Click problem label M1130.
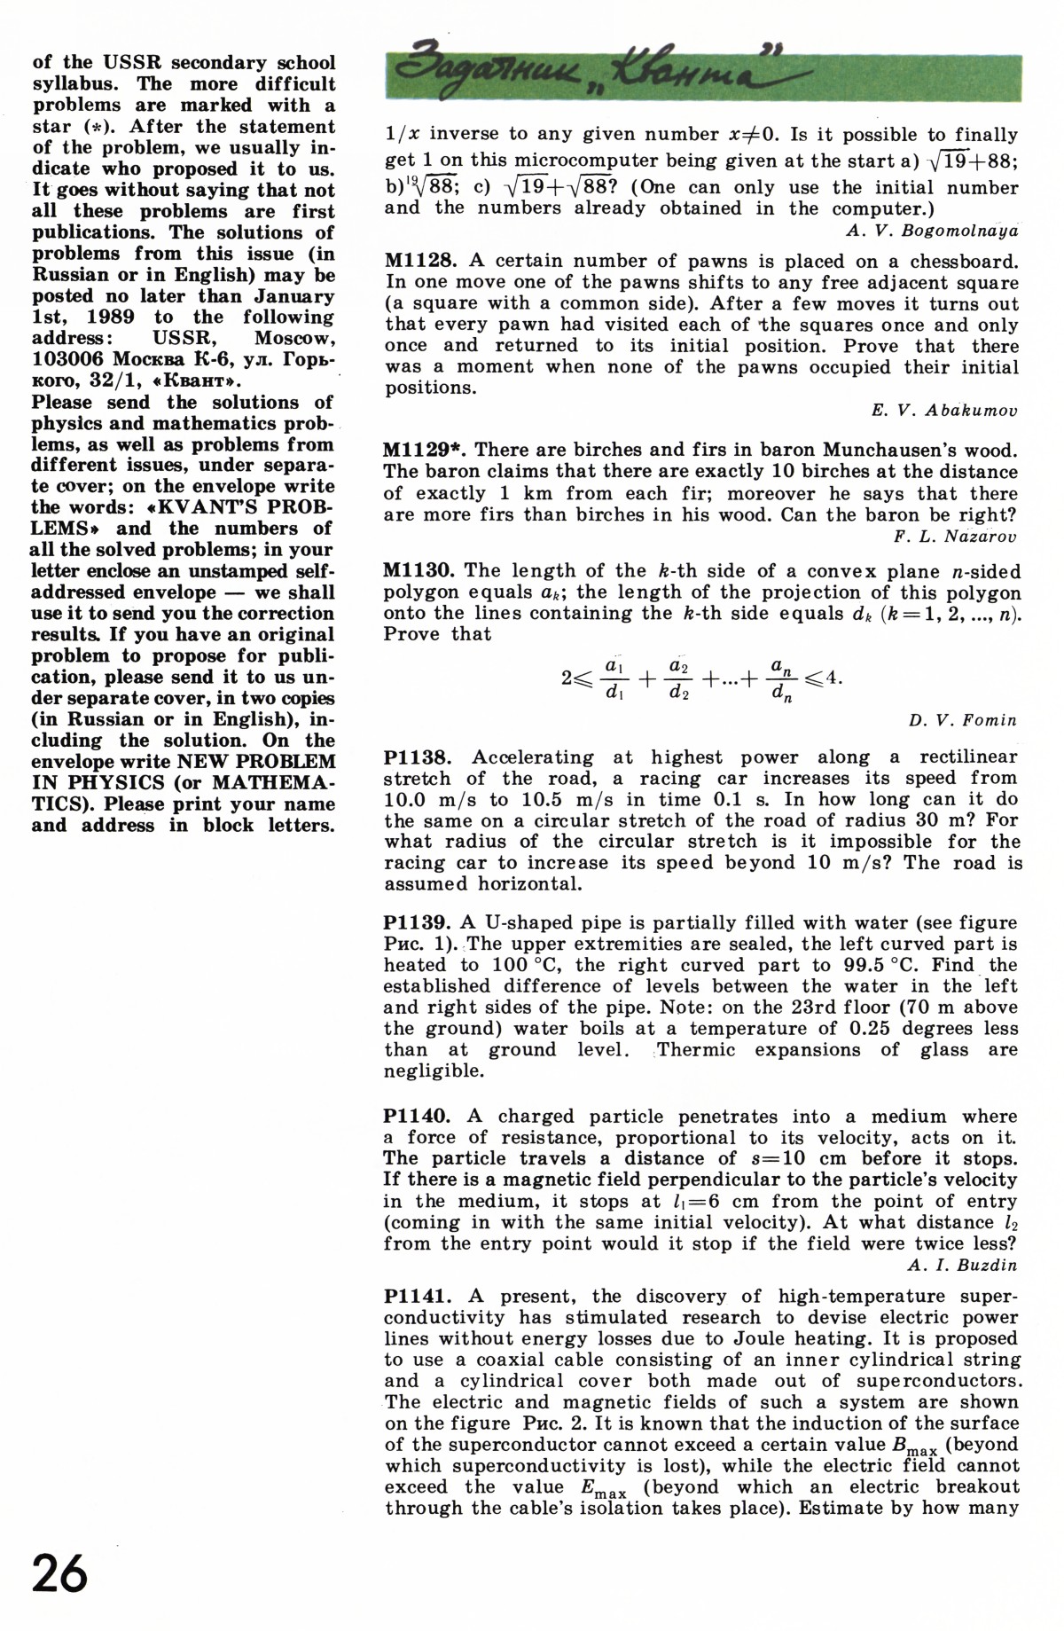(x=419, y=571)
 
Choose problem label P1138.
(x=419, y=757)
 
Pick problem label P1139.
(x=419, y=922)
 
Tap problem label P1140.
(x=419, y=1117)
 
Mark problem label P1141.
(x=419, y=1297)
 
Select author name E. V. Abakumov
(x=944, y=411)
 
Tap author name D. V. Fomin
(x=962, y=720)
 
